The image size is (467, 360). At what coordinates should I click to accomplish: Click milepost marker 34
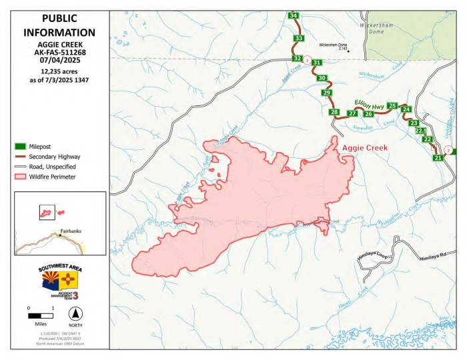[x=294, y=15]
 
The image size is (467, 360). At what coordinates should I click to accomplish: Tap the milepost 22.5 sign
[x=420, y=131]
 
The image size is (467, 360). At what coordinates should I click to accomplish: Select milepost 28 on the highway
[x=335, y=112]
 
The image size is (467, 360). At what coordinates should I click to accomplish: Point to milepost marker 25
[x=392, y=106]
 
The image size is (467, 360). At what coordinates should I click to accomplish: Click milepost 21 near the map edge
[x=438, y=158]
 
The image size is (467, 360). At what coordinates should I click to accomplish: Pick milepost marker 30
[x=322, y=78]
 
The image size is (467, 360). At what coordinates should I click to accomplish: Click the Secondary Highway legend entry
[x=51, y=156]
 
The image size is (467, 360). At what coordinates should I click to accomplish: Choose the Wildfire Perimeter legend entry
[x=51, y=177]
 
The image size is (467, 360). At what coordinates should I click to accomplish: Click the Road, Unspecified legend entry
[x=51, y=167]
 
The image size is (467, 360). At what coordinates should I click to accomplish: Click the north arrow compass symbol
[x=77, y=313]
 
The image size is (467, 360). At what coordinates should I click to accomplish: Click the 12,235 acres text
[x=59, y=71]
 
